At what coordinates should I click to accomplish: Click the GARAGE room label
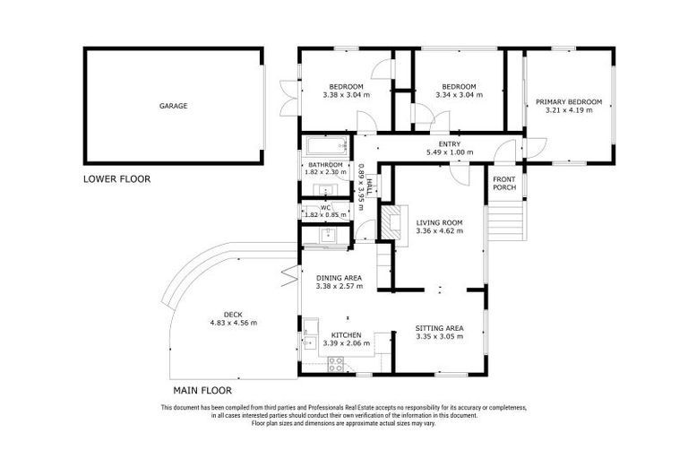173,106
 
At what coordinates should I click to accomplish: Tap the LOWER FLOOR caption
116,178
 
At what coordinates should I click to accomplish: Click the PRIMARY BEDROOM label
569,102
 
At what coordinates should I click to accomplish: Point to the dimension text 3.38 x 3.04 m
346,94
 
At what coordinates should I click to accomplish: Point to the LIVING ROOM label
439,222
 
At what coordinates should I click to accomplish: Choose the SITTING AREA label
439,328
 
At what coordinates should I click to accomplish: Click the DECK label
233,314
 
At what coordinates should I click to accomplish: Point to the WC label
325,208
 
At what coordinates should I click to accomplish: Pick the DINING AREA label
340,278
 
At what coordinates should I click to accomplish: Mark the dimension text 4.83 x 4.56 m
233,323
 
